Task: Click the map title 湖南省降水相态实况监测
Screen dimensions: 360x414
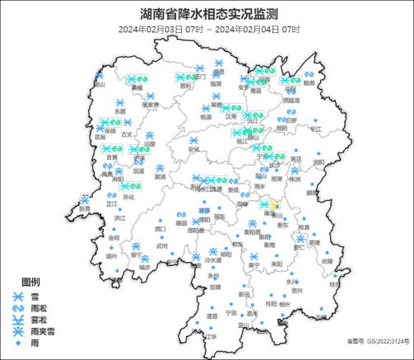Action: pyautogui.click(x=208, y=14)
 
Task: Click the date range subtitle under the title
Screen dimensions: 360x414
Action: pyautogui.click(x=208, y=30)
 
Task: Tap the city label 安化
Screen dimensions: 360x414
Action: pyautogui.click(x=194, y=150)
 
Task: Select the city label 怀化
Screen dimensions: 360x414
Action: pyautogui.click(x=128, y=198)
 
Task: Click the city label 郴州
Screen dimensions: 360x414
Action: pyautogui.click(x=284, y=304)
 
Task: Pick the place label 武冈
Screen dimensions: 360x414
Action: pyautogui.click(x=162, y=245)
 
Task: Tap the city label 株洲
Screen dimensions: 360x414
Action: pyautogui.click(x=295, y=179)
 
